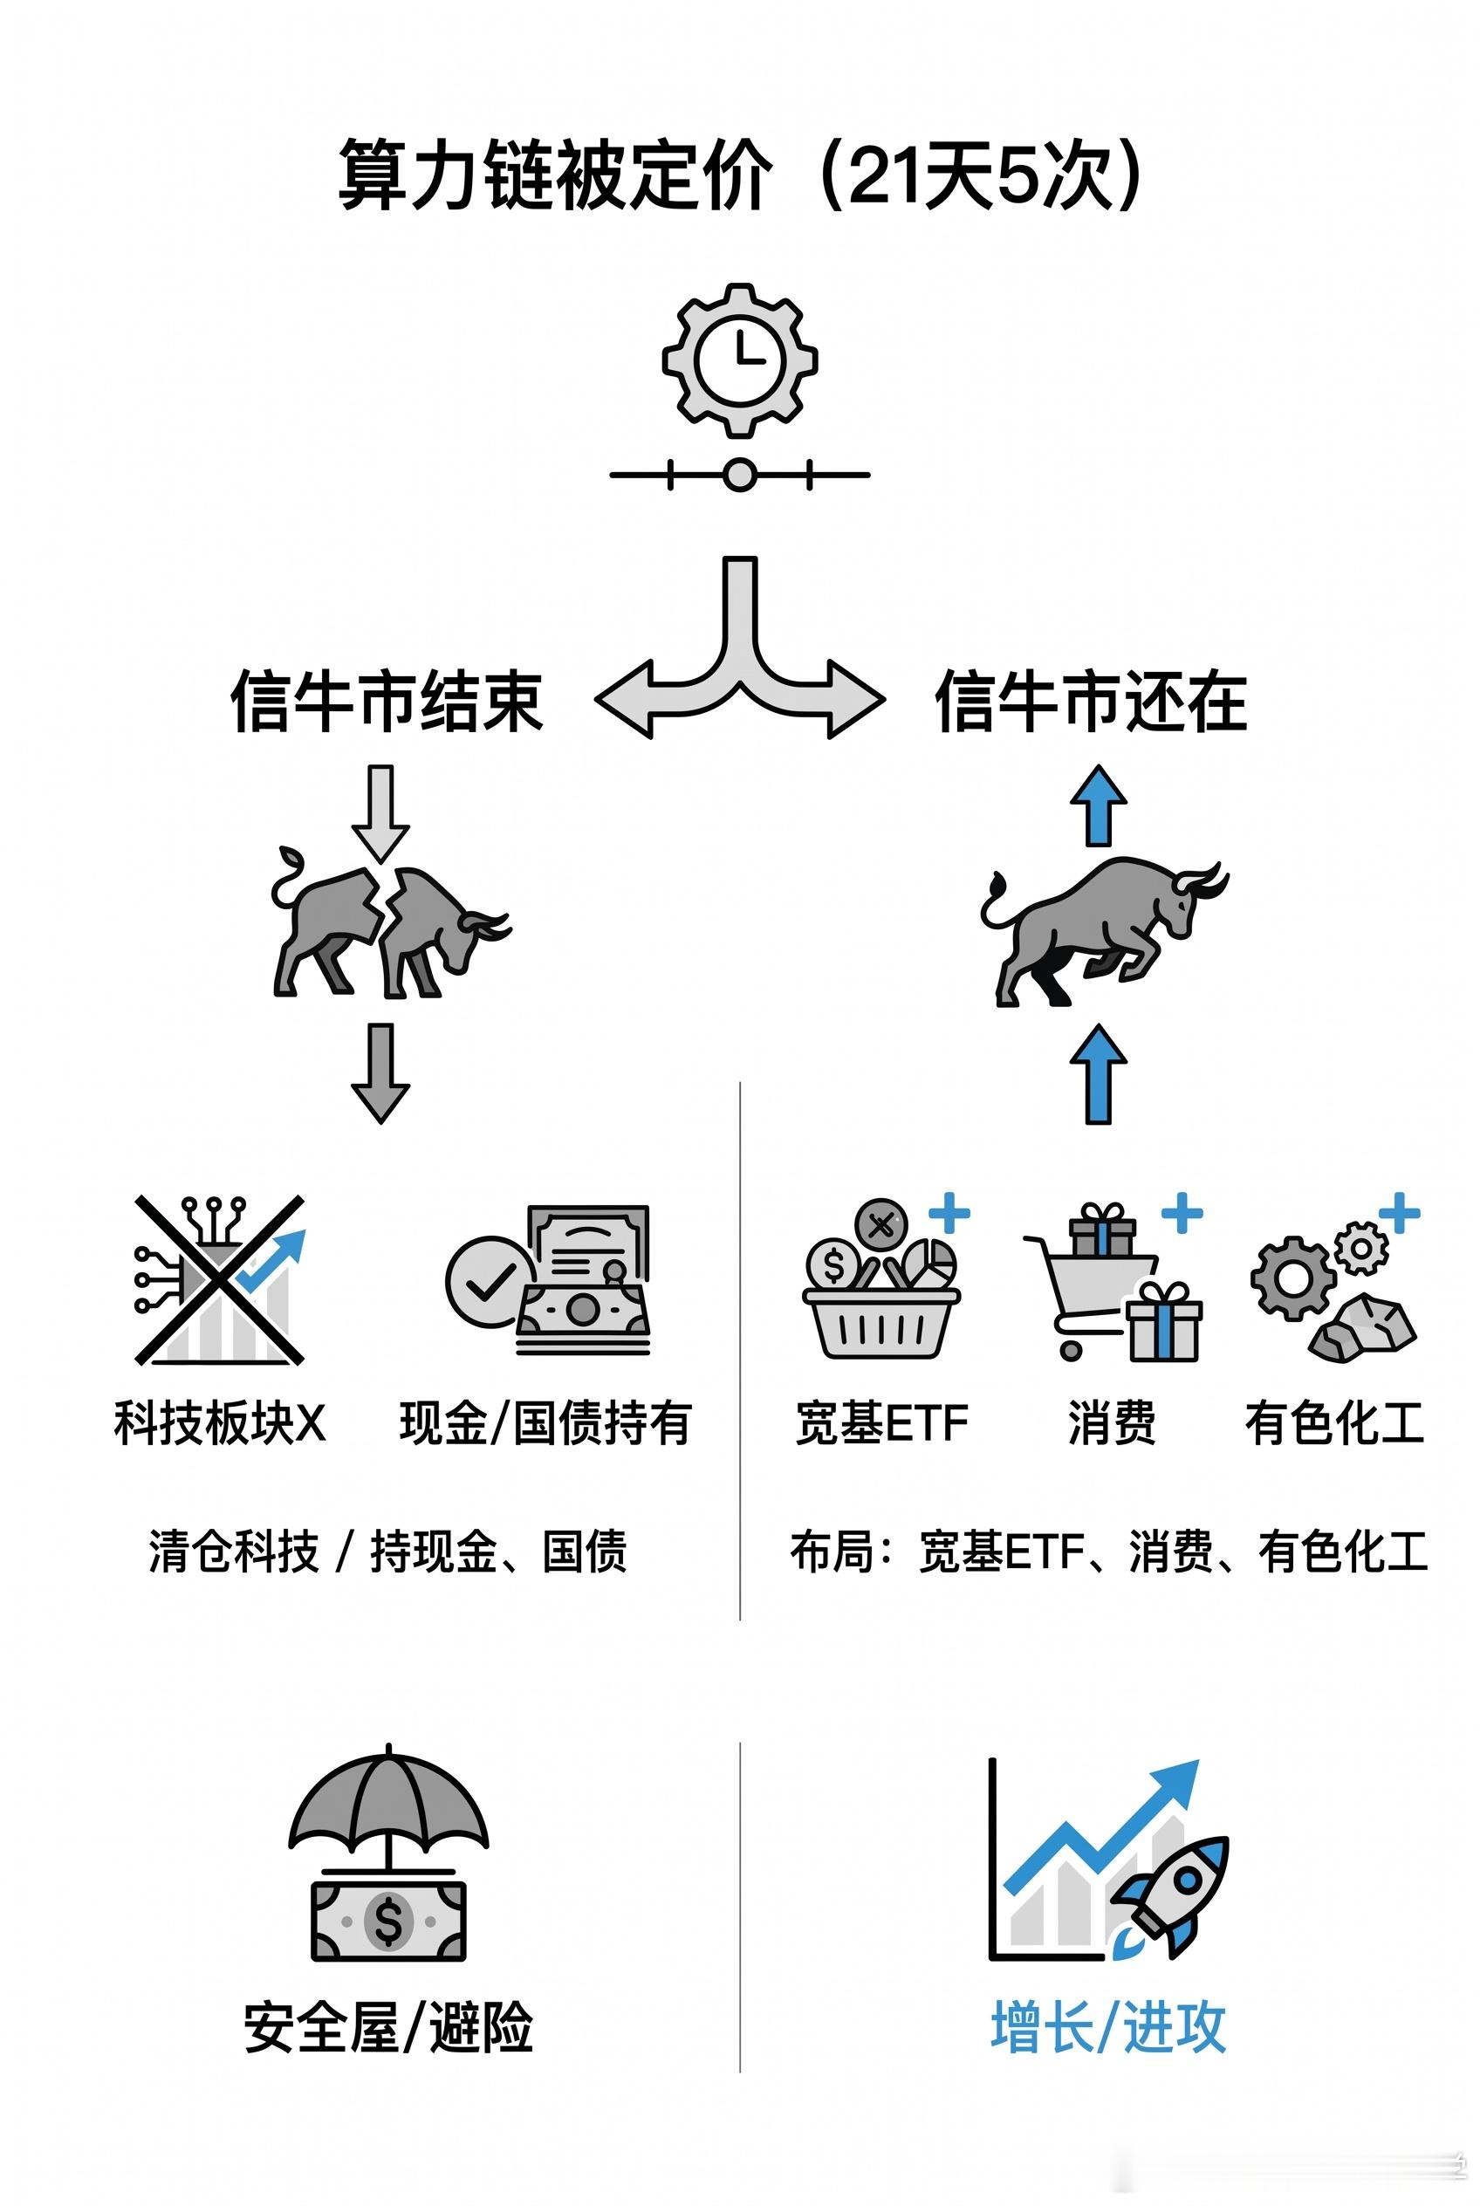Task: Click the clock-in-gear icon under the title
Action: (x=740, y=360)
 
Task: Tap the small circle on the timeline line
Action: (x=740, y=475)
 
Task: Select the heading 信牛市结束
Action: (x=387, y=702)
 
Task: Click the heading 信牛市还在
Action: (x=1091, y=702)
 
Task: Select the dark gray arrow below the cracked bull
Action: (x=380, y=1074)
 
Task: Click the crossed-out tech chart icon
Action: (x=220, y=1280)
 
